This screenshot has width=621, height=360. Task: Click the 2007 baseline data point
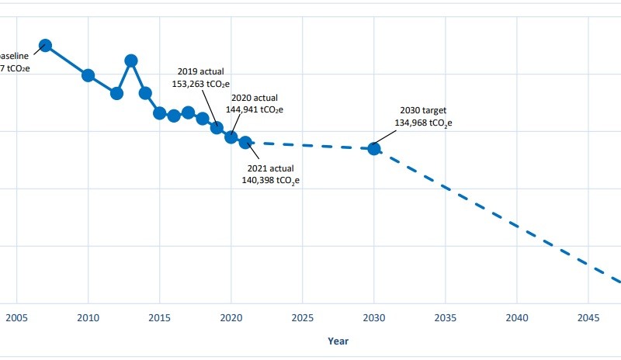point(45,45)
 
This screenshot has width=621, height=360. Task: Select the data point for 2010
point(88,75)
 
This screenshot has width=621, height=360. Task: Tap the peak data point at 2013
point(131,61)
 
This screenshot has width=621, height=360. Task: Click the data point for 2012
point(116,93)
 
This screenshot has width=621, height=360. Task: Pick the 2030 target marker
point(374,148)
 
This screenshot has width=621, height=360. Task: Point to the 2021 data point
point(245,142)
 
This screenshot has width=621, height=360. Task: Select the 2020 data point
point(231,137)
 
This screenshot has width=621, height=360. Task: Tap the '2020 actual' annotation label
point(254,99)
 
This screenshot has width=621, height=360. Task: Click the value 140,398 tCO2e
point(271,180)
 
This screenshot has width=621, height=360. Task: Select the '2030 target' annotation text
point(423,110)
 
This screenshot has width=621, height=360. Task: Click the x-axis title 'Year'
point(338,341)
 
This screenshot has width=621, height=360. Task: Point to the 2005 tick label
point(16,317)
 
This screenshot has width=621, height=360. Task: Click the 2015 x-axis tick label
point(160,317)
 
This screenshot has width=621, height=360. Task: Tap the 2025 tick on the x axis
point(303,317)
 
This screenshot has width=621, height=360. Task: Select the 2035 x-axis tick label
point(446,317)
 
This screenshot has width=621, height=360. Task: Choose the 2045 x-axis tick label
point(588,317)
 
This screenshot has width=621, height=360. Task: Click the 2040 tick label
point(517,317)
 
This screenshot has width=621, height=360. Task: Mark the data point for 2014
point(145,93)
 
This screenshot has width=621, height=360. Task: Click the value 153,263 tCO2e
point(205,82)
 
